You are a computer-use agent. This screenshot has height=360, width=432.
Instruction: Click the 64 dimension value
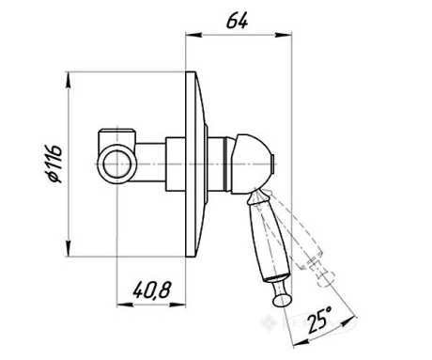(237, 21)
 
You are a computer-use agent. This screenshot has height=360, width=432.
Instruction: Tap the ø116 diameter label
(54, 164)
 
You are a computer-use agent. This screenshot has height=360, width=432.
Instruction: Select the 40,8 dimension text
(152, 290)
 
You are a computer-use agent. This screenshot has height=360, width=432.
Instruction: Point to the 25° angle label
(319, 320)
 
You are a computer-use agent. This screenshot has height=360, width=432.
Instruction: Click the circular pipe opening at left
(116, 164)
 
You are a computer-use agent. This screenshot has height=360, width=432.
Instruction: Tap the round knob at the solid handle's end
(282, 300)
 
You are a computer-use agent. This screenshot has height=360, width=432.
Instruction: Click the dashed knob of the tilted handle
(326, 280)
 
